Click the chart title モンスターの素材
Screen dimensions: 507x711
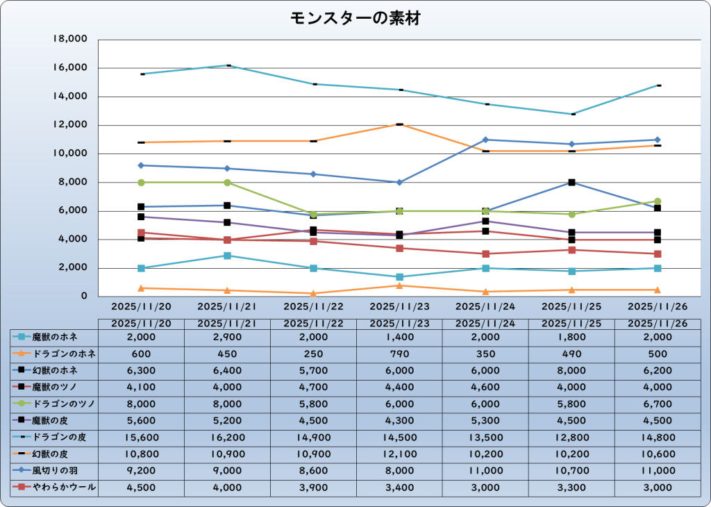click(355, 19)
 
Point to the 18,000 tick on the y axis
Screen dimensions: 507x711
click(69, 40)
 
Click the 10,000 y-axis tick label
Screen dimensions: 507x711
click(69, 153)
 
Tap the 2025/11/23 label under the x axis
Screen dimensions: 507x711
click(399, 306)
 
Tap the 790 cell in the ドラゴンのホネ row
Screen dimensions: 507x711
click(399, 354)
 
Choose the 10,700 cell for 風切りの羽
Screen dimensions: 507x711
click(571, 471)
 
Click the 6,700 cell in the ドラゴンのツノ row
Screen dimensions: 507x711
click(657, 404)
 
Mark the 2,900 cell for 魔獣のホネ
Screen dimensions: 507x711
click(227, 337)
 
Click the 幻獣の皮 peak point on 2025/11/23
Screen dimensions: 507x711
click(399, 124)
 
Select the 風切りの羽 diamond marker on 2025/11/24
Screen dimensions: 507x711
click(485, 140)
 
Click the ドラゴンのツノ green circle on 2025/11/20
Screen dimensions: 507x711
click(141, 183)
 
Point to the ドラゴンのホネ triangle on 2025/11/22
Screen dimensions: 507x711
click(313, 293)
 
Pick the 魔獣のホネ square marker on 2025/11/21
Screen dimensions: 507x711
click(227, 256)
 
